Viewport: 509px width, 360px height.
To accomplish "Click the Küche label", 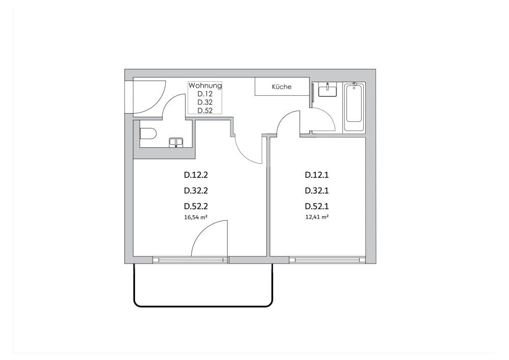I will pyautogui.click(x=282, y=87).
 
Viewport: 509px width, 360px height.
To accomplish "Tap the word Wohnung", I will pyautogui.click(x=205, y=86).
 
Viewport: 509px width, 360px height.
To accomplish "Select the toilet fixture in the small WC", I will pyautogui.click(x=148, y=135).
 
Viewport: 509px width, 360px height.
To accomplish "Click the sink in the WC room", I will pyautogui.click(x=176, y=142).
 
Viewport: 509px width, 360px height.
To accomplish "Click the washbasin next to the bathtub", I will pyautogui.click(x=327, y=91).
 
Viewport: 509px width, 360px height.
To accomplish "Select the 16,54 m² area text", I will pyautogui.click(x=196, y=217).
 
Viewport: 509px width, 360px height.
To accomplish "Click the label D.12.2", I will pyautogui.click(x=196, y=175).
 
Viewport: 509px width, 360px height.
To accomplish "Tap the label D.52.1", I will pyautogui.click(x=317, y=207).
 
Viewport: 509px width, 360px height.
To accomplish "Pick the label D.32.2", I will pyautogui.click(x=196, y=191).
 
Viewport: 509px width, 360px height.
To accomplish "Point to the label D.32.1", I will pyautogui.click(x=317, y=191).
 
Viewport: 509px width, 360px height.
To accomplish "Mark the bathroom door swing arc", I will pyautogui.click(x=324, y=120).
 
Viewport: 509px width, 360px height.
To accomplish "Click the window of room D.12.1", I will pyautogui.click(x=327, y=260).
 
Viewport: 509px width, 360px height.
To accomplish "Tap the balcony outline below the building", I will pyautogui.click(x=204, y=306).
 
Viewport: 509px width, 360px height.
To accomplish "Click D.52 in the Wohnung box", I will pyautogui.click(x=205, y=110).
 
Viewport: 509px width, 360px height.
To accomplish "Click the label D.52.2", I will pyautogui.click(x=196, y=207).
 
